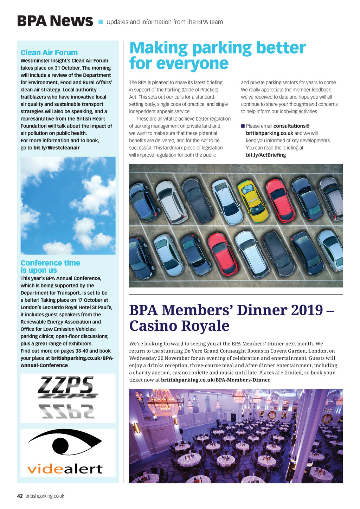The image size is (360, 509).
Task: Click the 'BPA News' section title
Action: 55,21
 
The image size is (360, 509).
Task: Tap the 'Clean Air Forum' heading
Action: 49,53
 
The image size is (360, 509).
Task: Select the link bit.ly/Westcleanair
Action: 57,148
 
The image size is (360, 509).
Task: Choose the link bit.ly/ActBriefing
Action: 266,155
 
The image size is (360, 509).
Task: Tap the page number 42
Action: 20,496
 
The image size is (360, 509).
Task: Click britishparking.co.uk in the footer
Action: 45,496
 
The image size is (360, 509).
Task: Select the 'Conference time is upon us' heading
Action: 50,266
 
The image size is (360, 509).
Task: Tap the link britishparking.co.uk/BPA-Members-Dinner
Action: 216,380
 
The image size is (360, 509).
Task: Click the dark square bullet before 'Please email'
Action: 243,126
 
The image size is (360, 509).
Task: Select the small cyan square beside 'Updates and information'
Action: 101,22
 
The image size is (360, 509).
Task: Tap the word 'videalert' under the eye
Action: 65,469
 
